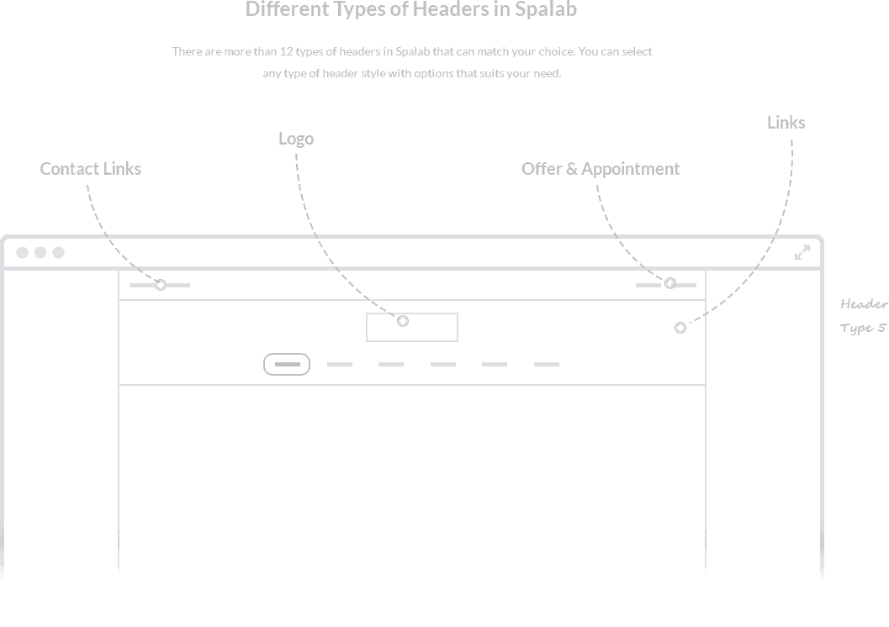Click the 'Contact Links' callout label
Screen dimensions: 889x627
(91, 169)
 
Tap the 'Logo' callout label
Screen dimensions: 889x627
(296, 140)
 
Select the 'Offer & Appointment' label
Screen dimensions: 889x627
(601, 169)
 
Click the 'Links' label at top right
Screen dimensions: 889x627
(786, 123)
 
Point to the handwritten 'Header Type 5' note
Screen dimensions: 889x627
(864, 316)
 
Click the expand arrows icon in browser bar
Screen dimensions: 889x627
(802, 253)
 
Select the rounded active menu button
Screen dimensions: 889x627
(287, 354)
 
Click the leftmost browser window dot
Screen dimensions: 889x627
(22, 253)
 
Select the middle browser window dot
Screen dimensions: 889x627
(40, 253)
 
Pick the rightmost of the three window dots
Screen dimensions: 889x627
(58, 253)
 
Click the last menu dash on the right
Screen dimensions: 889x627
(547, 364)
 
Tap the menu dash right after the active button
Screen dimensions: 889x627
(340, 364)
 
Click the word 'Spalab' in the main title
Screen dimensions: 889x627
(545, 9)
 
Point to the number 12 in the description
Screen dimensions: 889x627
(286, 51)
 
